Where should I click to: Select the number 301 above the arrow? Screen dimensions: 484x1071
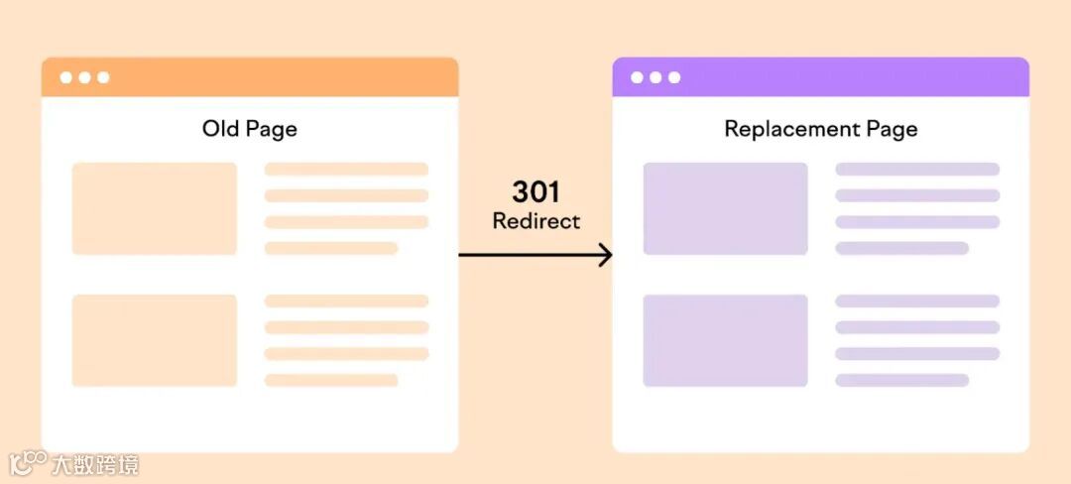(x=536, y=191)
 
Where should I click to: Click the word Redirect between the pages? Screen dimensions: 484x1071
(x=536, y=220)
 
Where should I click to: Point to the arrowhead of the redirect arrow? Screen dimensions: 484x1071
(x=605, y=255)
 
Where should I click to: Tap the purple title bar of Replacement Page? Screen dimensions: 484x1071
(x=843, y=77)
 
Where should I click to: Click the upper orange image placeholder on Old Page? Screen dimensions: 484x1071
(x=155, y=208)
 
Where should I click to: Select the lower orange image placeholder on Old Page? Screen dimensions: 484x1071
(x=155, y=340)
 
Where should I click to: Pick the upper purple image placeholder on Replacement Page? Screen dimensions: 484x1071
(x=725, y=208)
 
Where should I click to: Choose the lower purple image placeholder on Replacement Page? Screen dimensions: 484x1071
(x=725, y=340)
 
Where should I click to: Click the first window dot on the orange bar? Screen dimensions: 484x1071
(x=65, y=77)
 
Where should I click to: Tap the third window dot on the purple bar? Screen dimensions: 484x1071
(x=674, y=77)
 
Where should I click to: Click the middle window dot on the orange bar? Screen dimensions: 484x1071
(x=84, y=77)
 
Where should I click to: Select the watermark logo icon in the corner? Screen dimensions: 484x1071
(x=28, y=463)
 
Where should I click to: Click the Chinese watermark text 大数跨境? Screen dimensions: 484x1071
(x=95, y=464)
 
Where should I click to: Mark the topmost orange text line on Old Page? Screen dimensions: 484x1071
(x=346, y=170)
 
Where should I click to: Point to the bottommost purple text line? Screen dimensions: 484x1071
(x=901, y=380)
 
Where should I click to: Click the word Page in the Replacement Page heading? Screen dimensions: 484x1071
(x=892, y=129)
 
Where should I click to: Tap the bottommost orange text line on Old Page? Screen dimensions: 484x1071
(x=330, y=380)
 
